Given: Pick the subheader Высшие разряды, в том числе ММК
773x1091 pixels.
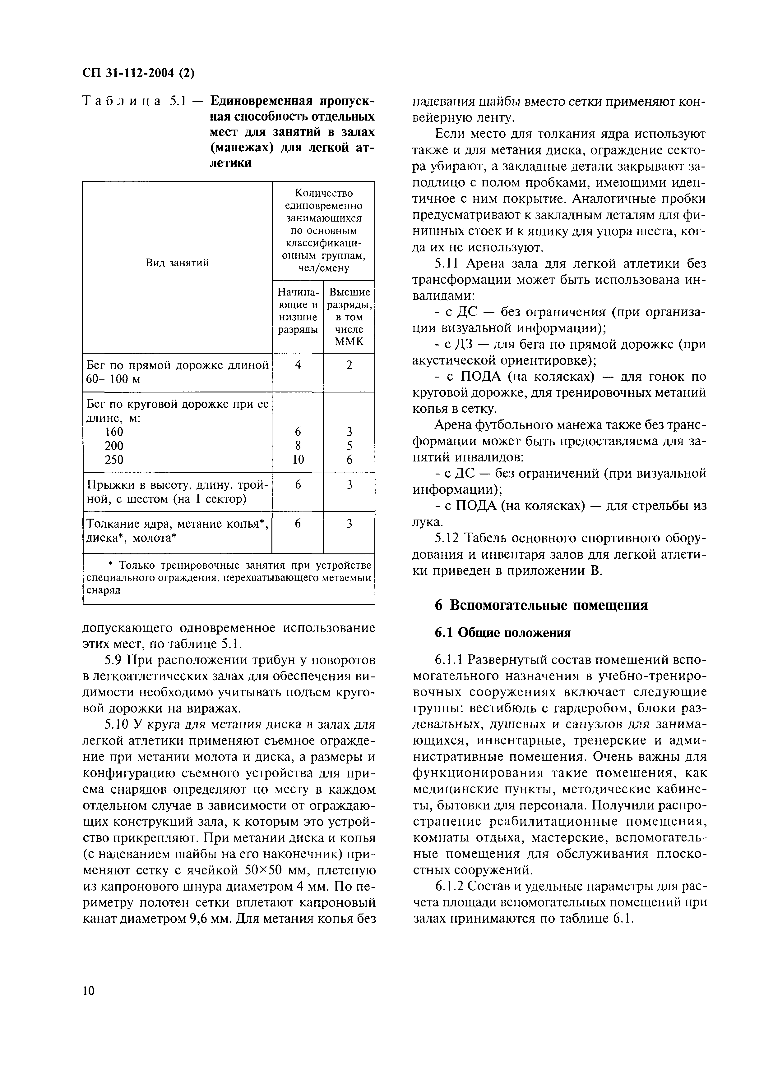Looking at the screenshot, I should pyautogui.click(x=349, y=317).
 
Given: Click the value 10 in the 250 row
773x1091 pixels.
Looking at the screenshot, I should pyautogui.click(x=298, y=459).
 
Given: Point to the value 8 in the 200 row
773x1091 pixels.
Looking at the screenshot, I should pyautogui.click(x=298, y=446).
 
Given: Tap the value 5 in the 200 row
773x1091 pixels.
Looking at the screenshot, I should pyautogui.click(x=349, y=446).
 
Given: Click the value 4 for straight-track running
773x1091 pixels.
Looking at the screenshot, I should pyautogui.click(x=298, y=365).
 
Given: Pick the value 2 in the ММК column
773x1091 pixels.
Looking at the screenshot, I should pyautogui.click(x=349, y=365).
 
